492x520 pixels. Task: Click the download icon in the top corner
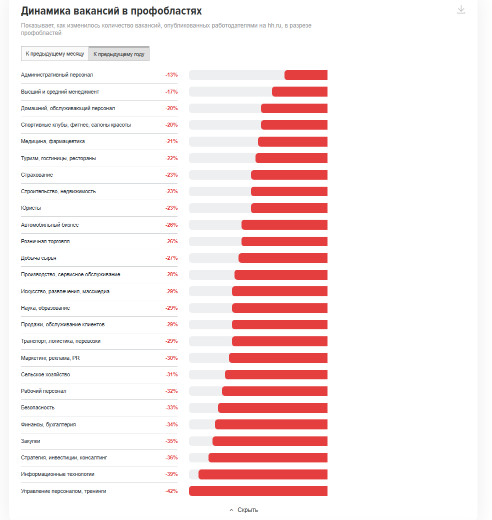coord(461,10)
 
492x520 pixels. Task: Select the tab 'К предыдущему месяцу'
coord(55,54)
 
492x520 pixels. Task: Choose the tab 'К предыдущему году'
coord(119,54)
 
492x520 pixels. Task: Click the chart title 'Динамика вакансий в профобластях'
coord(111,11)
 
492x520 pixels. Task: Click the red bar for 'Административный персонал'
coord(306,75)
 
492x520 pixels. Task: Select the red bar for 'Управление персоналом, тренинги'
coord(258,491)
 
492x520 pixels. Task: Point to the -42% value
coord(171,491)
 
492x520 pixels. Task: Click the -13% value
coord(171,75)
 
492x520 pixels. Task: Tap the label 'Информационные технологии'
coord(57,474)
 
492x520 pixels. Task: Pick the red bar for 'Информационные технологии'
coord(263,474)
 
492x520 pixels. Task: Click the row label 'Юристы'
coord(31,208)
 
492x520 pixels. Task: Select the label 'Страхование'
coord(37,175)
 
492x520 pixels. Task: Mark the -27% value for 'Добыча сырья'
coord(171,258)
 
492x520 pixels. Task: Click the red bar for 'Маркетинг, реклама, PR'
coord(278,358)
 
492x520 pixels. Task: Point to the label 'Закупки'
coord(30,441)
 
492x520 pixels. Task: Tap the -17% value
coord(171,92)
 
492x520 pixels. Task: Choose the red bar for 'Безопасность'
coord(272,408)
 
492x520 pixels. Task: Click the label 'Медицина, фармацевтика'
coord(53,141)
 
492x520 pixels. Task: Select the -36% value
coord(171,457)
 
